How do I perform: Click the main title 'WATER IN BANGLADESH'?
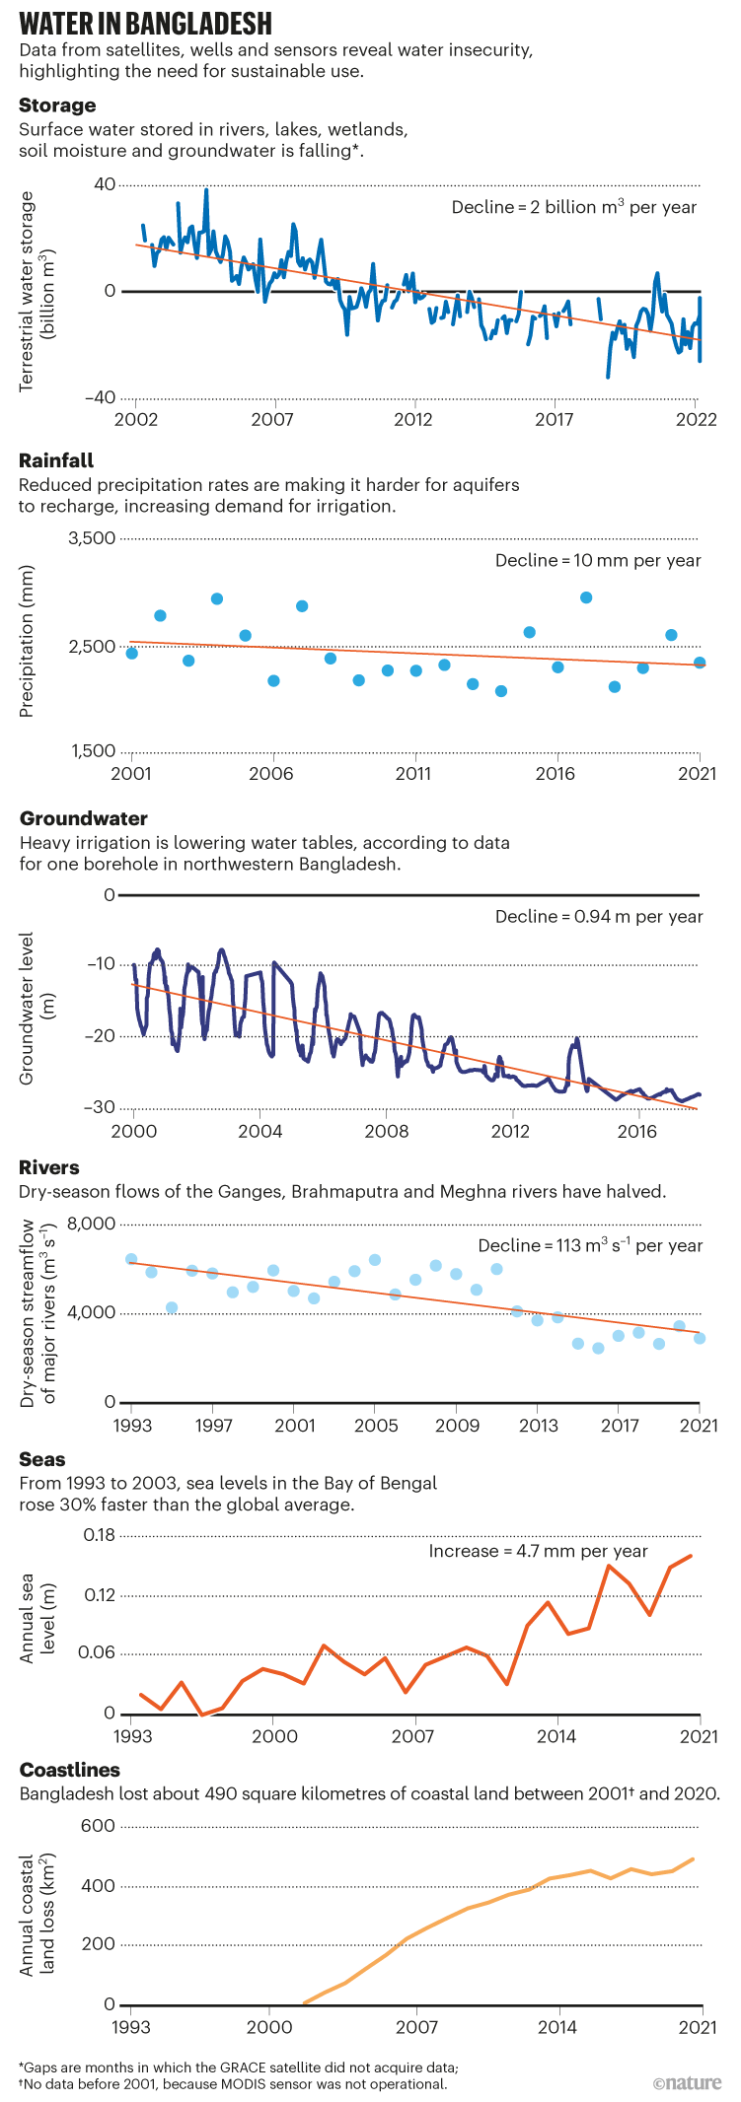145,24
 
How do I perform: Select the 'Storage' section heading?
57,105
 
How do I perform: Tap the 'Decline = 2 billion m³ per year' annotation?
573,207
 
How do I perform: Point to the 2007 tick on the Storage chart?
272,420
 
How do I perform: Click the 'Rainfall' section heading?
56,460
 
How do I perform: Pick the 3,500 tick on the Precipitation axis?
92,538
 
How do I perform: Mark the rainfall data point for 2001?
132,653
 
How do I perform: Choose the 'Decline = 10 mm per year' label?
597,560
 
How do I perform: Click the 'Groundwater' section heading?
83,818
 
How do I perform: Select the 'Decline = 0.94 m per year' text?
598,917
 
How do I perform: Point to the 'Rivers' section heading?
48,1167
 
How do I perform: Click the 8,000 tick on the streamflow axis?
91,1224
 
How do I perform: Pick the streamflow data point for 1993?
131,1259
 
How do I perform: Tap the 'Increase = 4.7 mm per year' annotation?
538,1551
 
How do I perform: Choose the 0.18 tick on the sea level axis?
99,1535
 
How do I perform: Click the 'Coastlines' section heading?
69,1770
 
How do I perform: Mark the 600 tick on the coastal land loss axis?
98,1826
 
